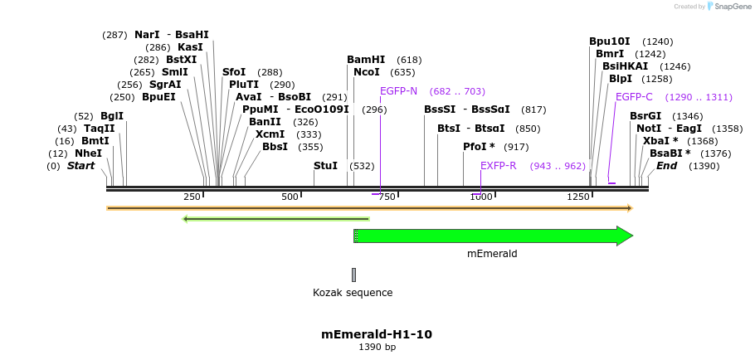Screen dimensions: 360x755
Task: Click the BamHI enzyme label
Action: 366,60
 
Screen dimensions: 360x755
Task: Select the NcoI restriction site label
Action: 366,72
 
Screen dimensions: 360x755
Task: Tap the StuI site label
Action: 325,166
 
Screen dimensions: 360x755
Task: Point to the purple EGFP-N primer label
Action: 398,91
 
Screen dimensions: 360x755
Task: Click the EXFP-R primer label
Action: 498,166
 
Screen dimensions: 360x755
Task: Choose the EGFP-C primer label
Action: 634,97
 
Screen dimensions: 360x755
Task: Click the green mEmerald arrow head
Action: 625,236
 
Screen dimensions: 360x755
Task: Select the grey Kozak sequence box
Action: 353,275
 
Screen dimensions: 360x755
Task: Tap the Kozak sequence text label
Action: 353,293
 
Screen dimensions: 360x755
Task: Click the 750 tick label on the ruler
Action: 387,197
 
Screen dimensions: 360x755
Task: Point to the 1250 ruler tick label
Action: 578,197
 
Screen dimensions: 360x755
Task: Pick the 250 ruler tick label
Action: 192,197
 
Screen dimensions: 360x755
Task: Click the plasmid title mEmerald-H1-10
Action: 377,334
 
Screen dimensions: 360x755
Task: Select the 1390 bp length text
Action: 377,347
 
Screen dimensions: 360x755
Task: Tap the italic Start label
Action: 80,166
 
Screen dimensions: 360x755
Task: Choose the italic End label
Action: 666,166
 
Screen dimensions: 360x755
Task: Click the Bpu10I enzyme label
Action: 610,41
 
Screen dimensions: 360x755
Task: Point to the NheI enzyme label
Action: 89,153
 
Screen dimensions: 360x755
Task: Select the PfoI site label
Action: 479,147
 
